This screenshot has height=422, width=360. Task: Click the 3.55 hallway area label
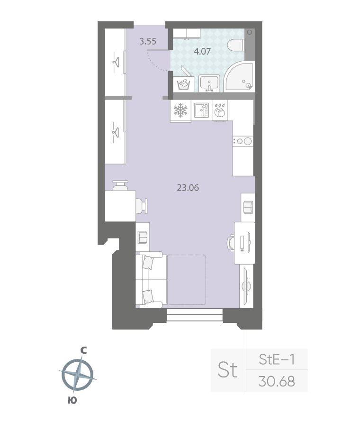coord(148,41)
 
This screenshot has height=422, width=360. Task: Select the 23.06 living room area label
coord(188,187)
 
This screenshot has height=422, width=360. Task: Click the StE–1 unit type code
coord(277,360)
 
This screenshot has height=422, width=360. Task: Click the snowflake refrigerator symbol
coord(180,110)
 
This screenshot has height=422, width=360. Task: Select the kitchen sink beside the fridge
coord(201,110)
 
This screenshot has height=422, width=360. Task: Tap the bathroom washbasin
coord(209,83)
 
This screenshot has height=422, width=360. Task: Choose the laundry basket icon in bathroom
coord(183,84)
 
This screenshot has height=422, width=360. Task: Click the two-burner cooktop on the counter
coord(243,141)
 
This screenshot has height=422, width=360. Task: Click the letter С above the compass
coord(83,350)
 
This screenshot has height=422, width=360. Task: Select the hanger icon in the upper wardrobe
coord(115,61)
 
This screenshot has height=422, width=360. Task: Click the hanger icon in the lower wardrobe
coord(115,128)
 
